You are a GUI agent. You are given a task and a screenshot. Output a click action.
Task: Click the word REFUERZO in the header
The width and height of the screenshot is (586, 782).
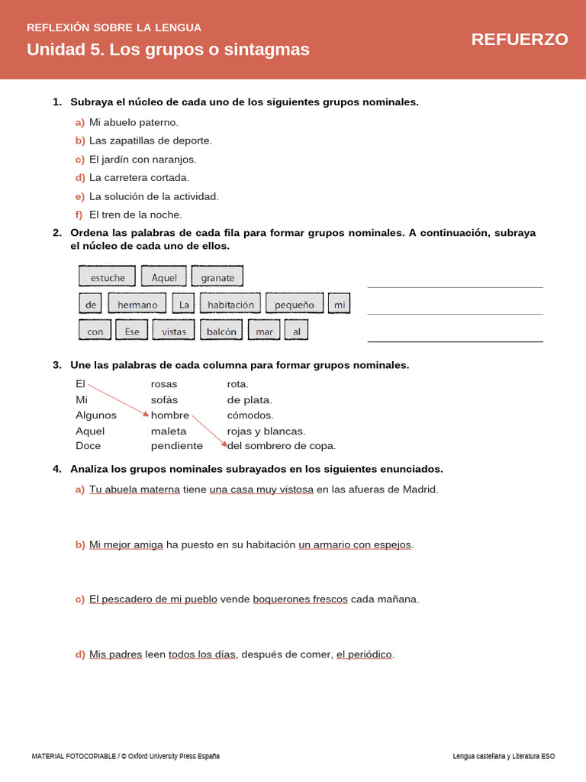pyautogui.click(x=519, y=40)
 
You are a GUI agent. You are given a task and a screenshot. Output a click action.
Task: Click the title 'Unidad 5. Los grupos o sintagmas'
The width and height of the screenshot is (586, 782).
pyautogui.click(x=168, y=50)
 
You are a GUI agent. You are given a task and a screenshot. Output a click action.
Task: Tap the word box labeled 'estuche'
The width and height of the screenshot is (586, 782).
pyautogui.click(x=107, y=277)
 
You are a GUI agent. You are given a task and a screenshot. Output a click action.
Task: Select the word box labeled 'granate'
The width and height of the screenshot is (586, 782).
pyautogui.click(x=217, y=277)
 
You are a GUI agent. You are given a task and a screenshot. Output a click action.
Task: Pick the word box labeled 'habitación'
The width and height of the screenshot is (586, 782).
pyautogui.click(x=230, y=304)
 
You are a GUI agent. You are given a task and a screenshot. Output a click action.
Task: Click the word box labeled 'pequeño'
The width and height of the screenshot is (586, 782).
pyautogui.click(x=295, y=304)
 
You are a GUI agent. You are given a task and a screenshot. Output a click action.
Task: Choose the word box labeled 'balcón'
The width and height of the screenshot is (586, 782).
pyautogui.click(x=222, y=331)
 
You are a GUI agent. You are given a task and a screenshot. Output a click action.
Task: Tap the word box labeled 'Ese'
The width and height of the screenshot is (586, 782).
pyautogui.click(x=132, y=331)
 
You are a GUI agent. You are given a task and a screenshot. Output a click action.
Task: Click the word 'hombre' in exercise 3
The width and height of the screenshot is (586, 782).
pyautogui.click(x=170, y=415)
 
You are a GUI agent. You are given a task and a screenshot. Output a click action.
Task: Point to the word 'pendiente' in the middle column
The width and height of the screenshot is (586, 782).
pyautogui.click(x=177, y=446)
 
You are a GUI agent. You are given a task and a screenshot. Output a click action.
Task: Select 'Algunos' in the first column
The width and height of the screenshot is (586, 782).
pyautogui.click(x=96, y=415)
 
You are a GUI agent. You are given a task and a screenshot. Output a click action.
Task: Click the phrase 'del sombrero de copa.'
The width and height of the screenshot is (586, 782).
pyautogui.click(x=282, y=446)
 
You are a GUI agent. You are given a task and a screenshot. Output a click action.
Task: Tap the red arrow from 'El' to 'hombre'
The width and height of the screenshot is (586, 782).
pyautogui.click(x=118, y=401)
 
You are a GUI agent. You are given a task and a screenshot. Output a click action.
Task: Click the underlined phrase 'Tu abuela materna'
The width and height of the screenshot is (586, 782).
pyautogui.click(x=134, y=490)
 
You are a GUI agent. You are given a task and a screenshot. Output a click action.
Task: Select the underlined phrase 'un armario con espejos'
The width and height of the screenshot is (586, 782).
pyautogui.click(x=355, y=544)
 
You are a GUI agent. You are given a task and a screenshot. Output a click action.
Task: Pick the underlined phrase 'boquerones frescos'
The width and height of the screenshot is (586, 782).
pyautogui.click(x=300, y=599)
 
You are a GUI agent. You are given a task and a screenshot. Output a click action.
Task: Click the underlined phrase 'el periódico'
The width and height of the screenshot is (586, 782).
pyautogui.click(x=364, y=654)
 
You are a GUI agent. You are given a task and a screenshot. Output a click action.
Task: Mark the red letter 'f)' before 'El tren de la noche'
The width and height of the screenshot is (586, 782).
pyautogui.click(x=79, y=215)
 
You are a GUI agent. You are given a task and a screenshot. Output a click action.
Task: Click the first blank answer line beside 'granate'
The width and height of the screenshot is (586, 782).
pyautogui.click(x=455, y=286)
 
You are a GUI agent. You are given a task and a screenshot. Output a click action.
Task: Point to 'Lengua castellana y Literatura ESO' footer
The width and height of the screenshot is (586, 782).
pyautogui.click(x=504, y=756)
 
